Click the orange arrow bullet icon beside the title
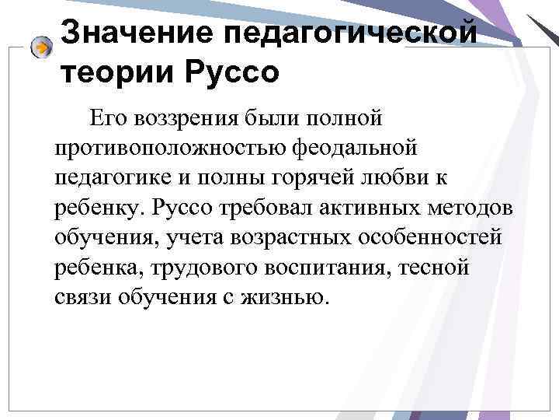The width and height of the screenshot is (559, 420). [43, 47]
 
